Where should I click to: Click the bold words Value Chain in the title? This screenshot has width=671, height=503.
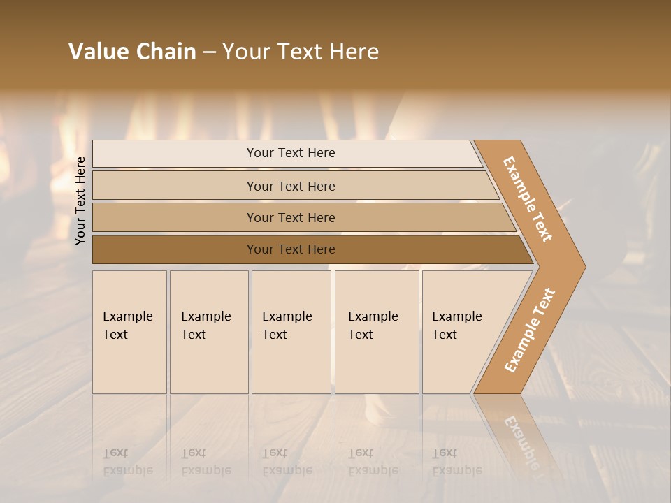coord(132,52)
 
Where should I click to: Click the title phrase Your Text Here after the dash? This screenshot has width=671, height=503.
coord(301,52)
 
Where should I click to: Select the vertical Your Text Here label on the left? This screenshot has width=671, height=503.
coord(81,201)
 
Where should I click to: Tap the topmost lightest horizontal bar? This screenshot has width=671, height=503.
coord(290,153)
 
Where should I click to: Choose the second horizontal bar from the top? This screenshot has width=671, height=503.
coord(290,186)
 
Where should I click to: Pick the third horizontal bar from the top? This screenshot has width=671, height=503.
coord(290,217)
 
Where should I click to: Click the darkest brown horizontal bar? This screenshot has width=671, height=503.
coord(290,249)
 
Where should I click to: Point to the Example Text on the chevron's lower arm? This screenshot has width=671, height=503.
coord(530,330)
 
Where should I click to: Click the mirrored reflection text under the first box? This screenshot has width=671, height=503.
coord(127,462)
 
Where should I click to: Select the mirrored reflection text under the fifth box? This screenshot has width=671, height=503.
coord(456,462)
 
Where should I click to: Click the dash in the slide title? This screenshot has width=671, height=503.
coord(209,52)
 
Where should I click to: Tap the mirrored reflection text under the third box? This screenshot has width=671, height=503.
coord(287,462)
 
